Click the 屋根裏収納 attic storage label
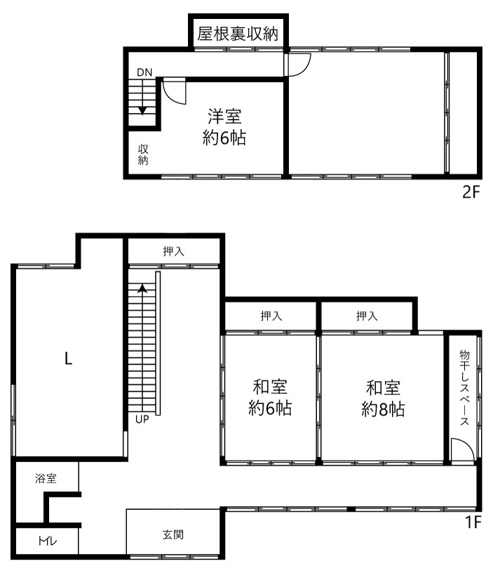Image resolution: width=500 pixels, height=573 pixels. (238, 34)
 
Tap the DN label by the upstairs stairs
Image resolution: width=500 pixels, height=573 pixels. (144, 72)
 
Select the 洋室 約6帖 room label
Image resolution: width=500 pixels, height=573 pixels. (224, 127)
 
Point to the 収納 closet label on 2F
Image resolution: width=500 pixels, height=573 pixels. (143, 154)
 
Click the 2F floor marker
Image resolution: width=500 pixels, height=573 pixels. (471, 192)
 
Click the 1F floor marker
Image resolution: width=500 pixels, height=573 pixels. (473, 522)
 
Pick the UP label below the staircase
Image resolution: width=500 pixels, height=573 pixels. (142, 419)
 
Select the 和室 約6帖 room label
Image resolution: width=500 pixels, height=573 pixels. (270, 397)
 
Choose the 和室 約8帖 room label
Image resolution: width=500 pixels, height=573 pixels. (383, 399)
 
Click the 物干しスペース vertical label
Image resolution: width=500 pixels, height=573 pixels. (465, 388)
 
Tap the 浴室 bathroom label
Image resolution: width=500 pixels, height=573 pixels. (46, 478)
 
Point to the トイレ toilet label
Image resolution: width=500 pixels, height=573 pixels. (48, 541)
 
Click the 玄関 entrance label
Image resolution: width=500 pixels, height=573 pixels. (173, 534)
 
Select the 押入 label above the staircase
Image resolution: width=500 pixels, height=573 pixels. (174, 251)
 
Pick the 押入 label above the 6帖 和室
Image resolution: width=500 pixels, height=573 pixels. (271, 316)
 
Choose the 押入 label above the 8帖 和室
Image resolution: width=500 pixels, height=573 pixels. (367, 316)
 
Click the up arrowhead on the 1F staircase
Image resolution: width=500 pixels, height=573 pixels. (142, 289)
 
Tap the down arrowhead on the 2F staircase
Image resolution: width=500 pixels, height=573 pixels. (142, 111)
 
